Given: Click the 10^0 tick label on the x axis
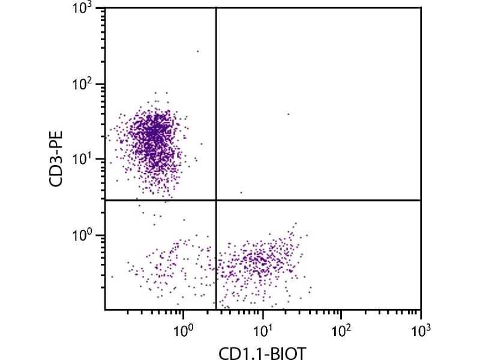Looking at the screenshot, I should coord(183,329).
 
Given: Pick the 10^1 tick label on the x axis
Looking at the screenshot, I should coord(262,329).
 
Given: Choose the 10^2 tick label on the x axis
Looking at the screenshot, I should coord(341,329).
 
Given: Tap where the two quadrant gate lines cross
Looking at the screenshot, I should coord(215,200).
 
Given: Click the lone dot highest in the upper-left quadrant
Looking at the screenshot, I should coord(197,51).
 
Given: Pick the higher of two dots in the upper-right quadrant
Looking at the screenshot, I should coord(288,113).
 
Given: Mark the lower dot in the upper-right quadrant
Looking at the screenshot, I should coord(241,193).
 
